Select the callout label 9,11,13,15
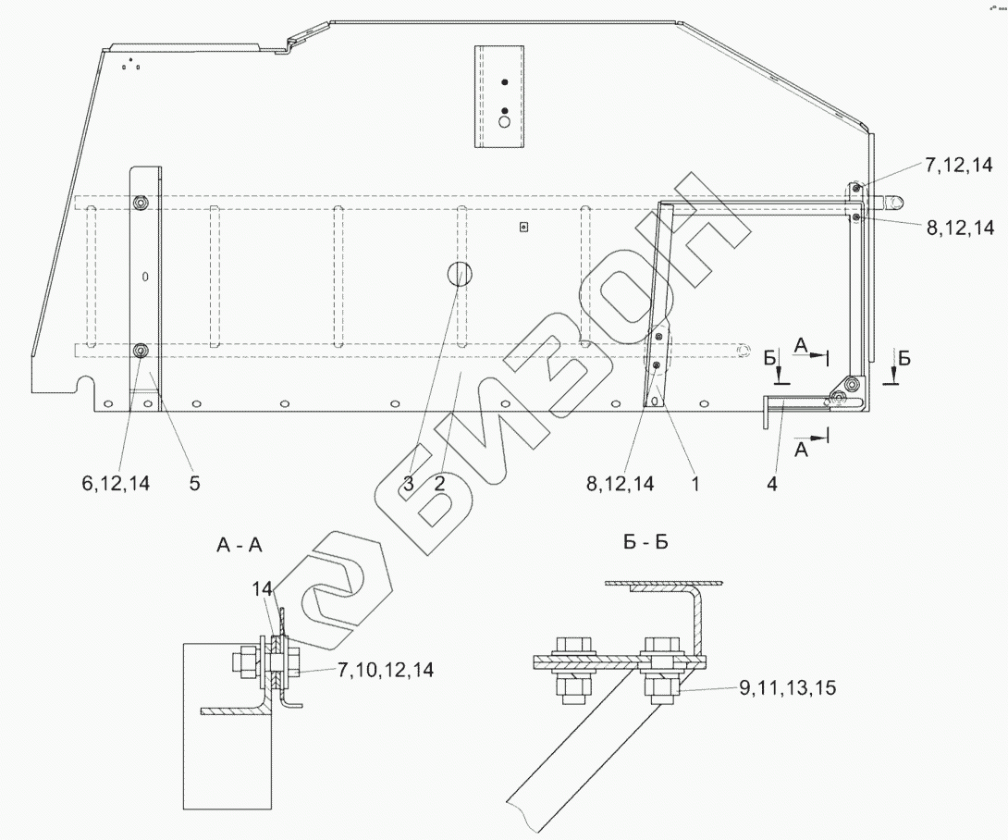[788, 688]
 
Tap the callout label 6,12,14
[116, 483]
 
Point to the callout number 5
[194, 483]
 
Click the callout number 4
[772, 484]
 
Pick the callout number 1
[695, 483]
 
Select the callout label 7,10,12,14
[386, 670]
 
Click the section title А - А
[240, 546]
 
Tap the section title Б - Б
[646, 542]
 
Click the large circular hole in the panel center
[459, 275]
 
